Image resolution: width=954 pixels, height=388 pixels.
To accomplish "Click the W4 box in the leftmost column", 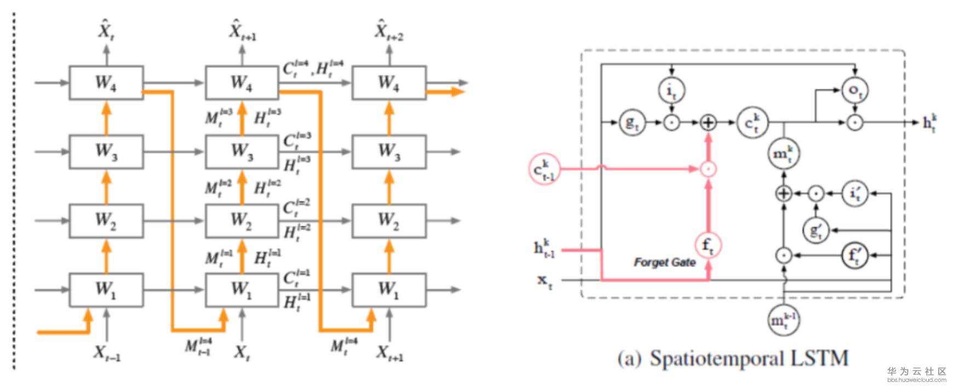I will (106, 83).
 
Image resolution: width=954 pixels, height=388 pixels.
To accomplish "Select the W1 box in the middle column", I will (242, 289).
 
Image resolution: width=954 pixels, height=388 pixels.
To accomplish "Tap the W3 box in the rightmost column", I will (389, 152).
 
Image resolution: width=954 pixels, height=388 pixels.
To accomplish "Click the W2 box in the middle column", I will (242, 220).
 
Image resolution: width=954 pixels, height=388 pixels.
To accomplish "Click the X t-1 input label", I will (106, 352).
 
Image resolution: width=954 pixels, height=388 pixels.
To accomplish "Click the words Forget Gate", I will (664, 263).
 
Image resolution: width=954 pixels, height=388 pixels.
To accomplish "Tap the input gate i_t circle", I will (671, 90).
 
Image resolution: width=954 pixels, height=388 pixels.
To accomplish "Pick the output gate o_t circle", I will (854, 90).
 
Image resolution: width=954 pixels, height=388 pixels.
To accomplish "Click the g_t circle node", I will (632, 123).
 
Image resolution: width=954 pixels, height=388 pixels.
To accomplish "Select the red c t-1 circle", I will (544, 169).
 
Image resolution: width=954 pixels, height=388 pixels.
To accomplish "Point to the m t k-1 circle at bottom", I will (784, 319).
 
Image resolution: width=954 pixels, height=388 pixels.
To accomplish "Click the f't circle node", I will (854, 255).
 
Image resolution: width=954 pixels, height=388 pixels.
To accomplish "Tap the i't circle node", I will (854, 193).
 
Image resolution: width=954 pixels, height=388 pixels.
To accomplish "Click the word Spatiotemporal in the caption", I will (717, 358).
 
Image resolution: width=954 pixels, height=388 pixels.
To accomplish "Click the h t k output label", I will (930, 123).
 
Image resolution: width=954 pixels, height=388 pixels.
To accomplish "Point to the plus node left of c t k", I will (708, 123).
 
